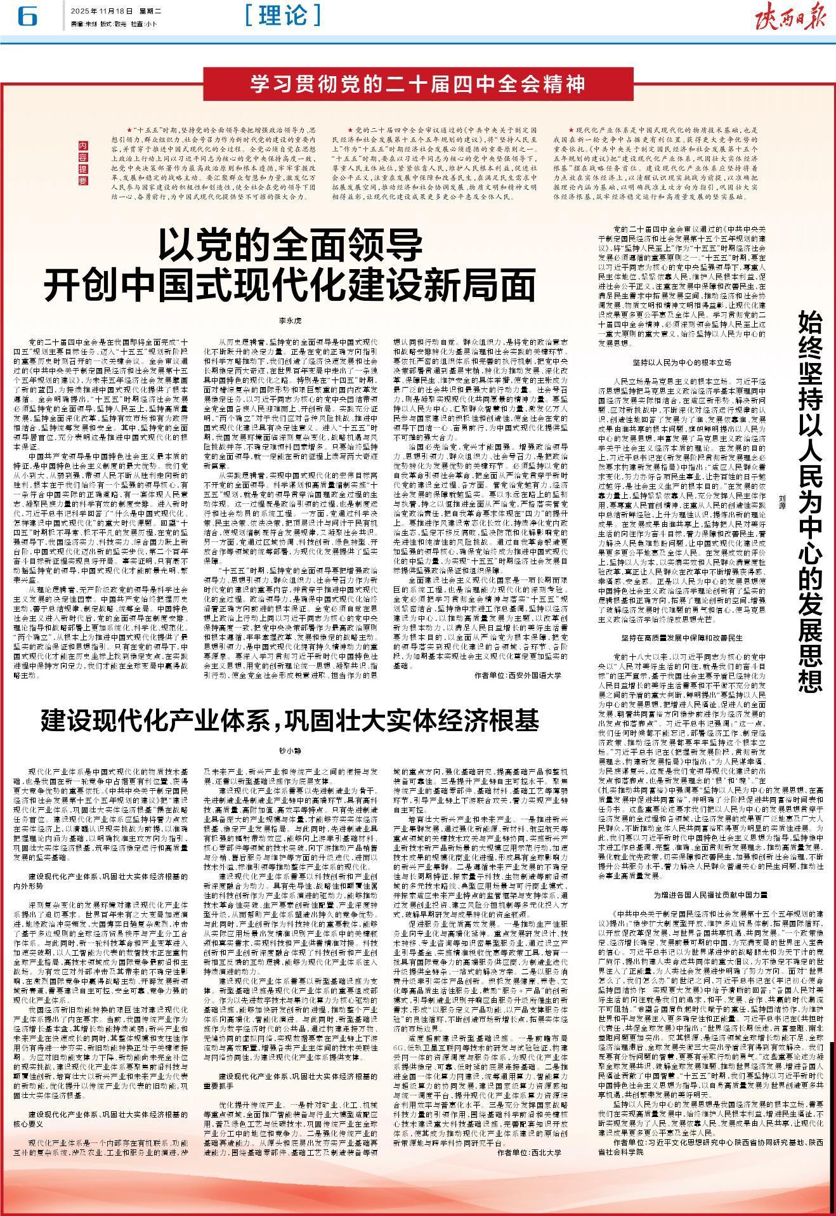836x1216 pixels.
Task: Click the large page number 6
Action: click(x=27, y=18)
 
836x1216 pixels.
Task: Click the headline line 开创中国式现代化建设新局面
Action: click(x=290, y=284)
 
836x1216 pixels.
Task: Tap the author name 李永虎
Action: click(x=291, y=321)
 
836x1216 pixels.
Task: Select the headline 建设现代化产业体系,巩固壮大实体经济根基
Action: click(x=290, y=720)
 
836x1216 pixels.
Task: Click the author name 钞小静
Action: click(x=290, y=750)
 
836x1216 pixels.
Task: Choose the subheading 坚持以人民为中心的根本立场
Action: click(x=682, y=362)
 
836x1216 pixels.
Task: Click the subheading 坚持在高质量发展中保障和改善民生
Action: click(x=681, y=635)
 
